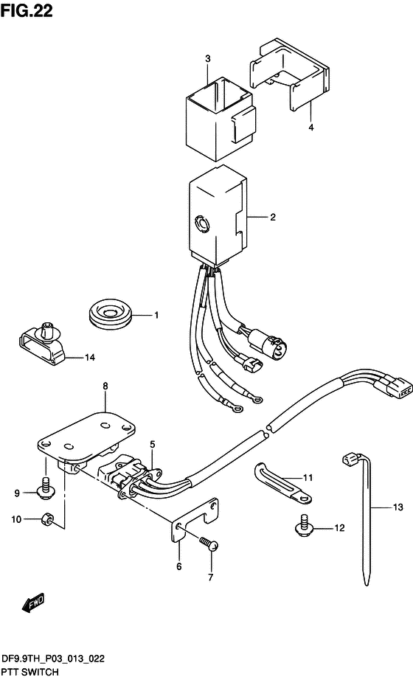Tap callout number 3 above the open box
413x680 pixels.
click(208, 58)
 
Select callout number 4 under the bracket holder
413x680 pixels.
click(311, 128)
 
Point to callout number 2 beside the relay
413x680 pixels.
click(272, 217)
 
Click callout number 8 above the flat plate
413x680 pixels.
click(105, 386)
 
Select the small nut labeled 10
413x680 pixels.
click(47, 518)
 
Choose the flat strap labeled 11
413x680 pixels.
click(282, 483)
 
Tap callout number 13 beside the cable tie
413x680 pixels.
click(398, 507)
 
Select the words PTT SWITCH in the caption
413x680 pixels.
click(30, 672)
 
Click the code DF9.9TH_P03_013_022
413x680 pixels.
click(53, 659)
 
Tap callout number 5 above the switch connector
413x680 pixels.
click(152, 444)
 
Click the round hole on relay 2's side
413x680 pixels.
click(201, 224)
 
